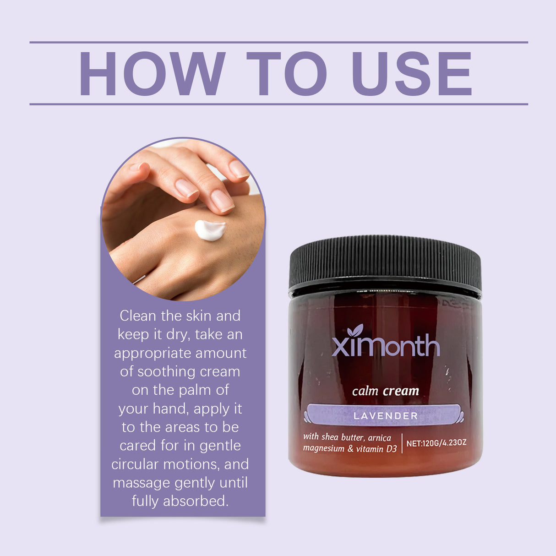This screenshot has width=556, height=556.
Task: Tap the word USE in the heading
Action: click(411, 74)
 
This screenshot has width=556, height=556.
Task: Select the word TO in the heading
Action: click(287, 74)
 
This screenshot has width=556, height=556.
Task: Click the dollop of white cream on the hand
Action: click(210, 229)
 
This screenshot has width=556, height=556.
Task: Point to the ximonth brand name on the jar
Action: click(386, 346)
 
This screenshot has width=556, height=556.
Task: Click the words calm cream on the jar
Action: click(386, 391)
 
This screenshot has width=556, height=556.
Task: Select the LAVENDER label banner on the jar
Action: click(385, 415)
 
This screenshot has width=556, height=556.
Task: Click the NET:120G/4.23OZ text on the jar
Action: click(436, 443)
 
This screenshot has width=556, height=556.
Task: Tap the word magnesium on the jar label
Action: click(323, 448)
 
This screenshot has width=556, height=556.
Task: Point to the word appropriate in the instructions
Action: click(153, 354)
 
